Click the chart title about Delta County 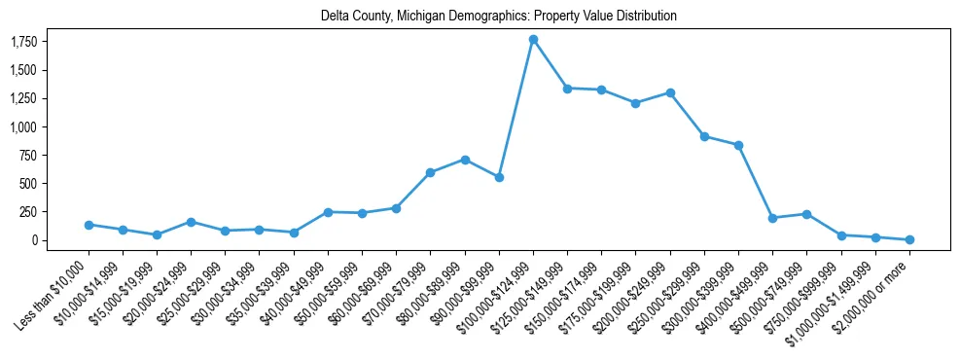tap(499, 17)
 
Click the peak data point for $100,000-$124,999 tap(533, 40)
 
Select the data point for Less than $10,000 tap(89, 225)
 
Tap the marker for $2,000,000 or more tap(909, 239)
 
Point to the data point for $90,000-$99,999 tap(499, 177)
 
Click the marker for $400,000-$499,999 tap(772, 218)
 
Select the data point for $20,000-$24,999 tap(191, 222)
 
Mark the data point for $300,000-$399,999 tap(738, 145)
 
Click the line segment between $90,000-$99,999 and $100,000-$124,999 tap(516, 109)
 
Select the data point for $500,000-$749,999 tap(806, 214)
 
